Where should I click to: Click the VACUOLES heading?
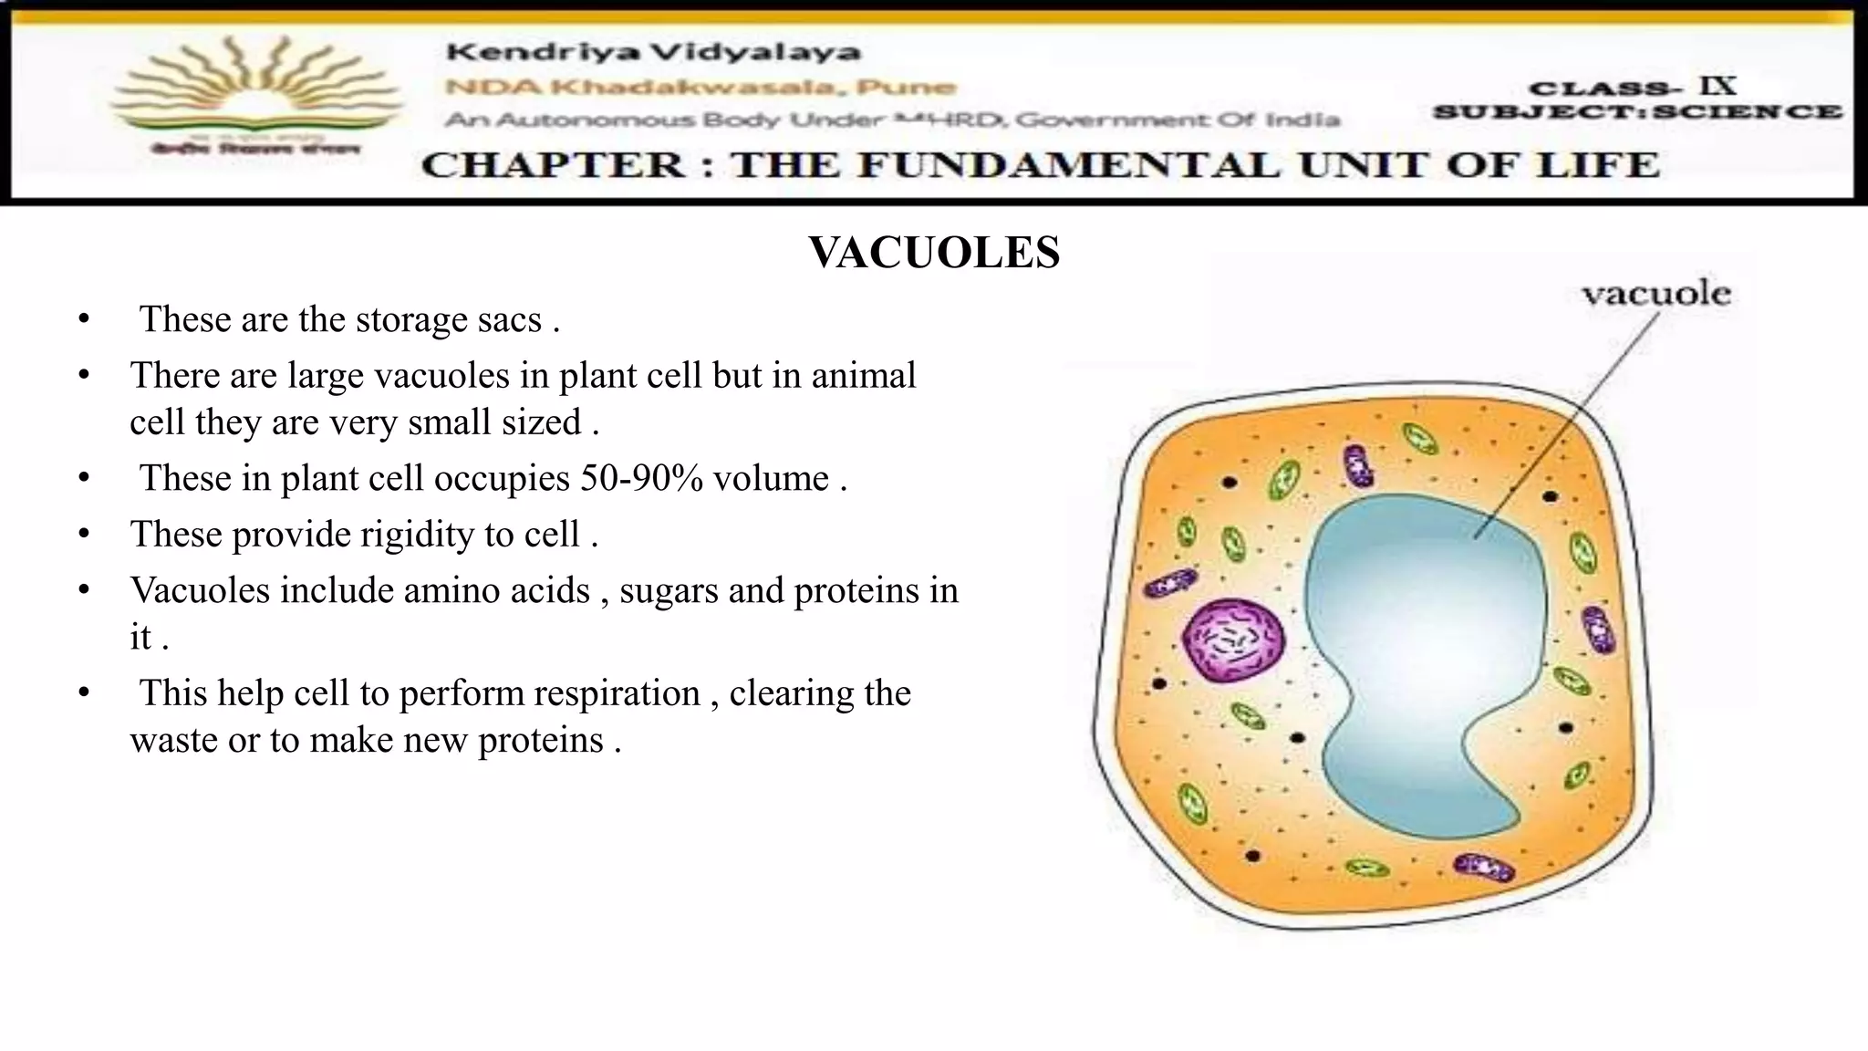coord(934,253)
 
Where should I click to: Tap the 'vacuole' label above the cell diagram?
coord(1655,294)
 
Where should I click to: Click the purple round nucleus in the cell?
coord(1233,640)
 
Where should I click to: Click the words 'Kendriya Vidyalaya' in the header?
coord(653,52)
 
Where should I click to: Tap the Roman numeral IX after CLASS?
coord(1717,87)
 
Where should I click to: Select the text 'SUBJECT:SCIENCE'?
coord(1637,112)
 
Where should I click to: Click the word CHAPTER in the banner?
coord(553,165)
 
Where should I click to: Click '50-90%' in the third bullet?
coord(641,478)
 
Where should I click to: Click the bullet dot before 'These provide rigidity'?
coord(84,535)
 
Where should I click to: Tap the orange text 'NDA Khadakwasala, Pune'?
coord(700,88)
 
